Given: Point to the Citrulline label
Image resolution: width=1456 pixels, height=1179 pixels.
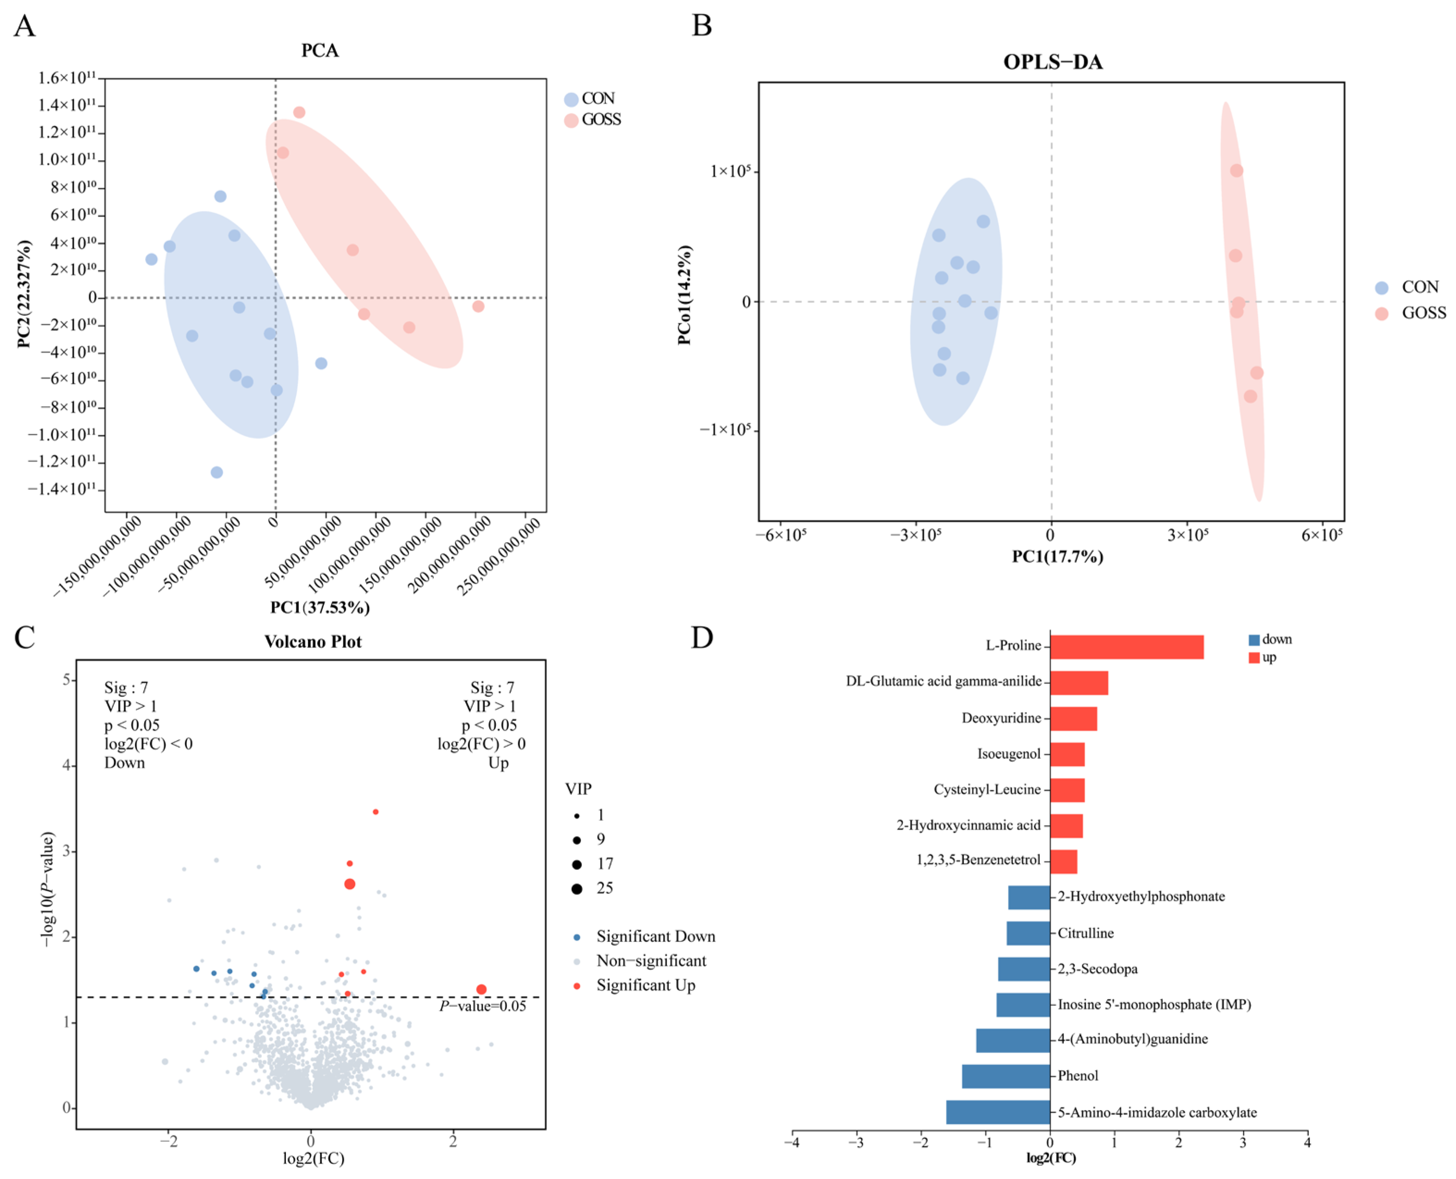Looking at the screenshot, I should tap(1085, 933).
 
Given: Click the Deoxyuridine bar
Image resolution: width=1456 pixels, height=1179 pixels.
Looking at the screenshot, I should tap(1073, 718).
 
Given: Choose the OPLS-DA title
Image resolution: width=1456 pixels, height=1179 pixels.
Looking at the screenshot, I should tap(1053, 62).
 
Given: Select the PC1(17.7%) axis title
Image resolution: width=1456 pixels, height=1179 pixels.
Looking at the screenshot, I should tap(1057, 557).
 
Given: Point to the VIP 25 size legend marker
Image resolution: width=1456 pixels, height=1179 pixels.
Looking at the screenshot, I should tap(577, 889).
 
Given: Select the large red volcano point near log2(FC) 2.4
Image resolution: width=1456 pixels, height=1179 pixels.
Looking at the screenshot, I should tap(481, 989).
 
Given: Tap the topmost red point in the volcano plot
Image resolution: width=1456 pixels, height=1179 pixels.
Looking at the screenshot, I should tap(376, 812).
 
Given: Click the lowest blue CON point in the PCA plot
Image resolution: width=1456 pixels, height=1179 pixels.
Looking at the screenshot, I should tap(216, 472).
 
